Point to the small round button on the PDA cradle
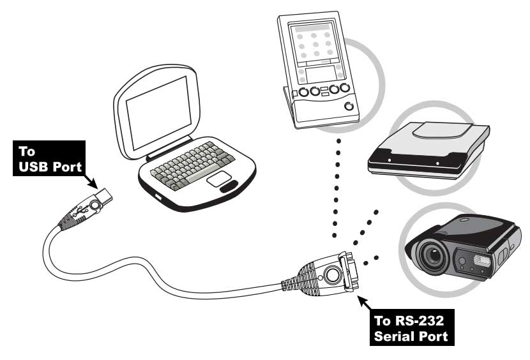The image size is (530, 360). tap(348, 106)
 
